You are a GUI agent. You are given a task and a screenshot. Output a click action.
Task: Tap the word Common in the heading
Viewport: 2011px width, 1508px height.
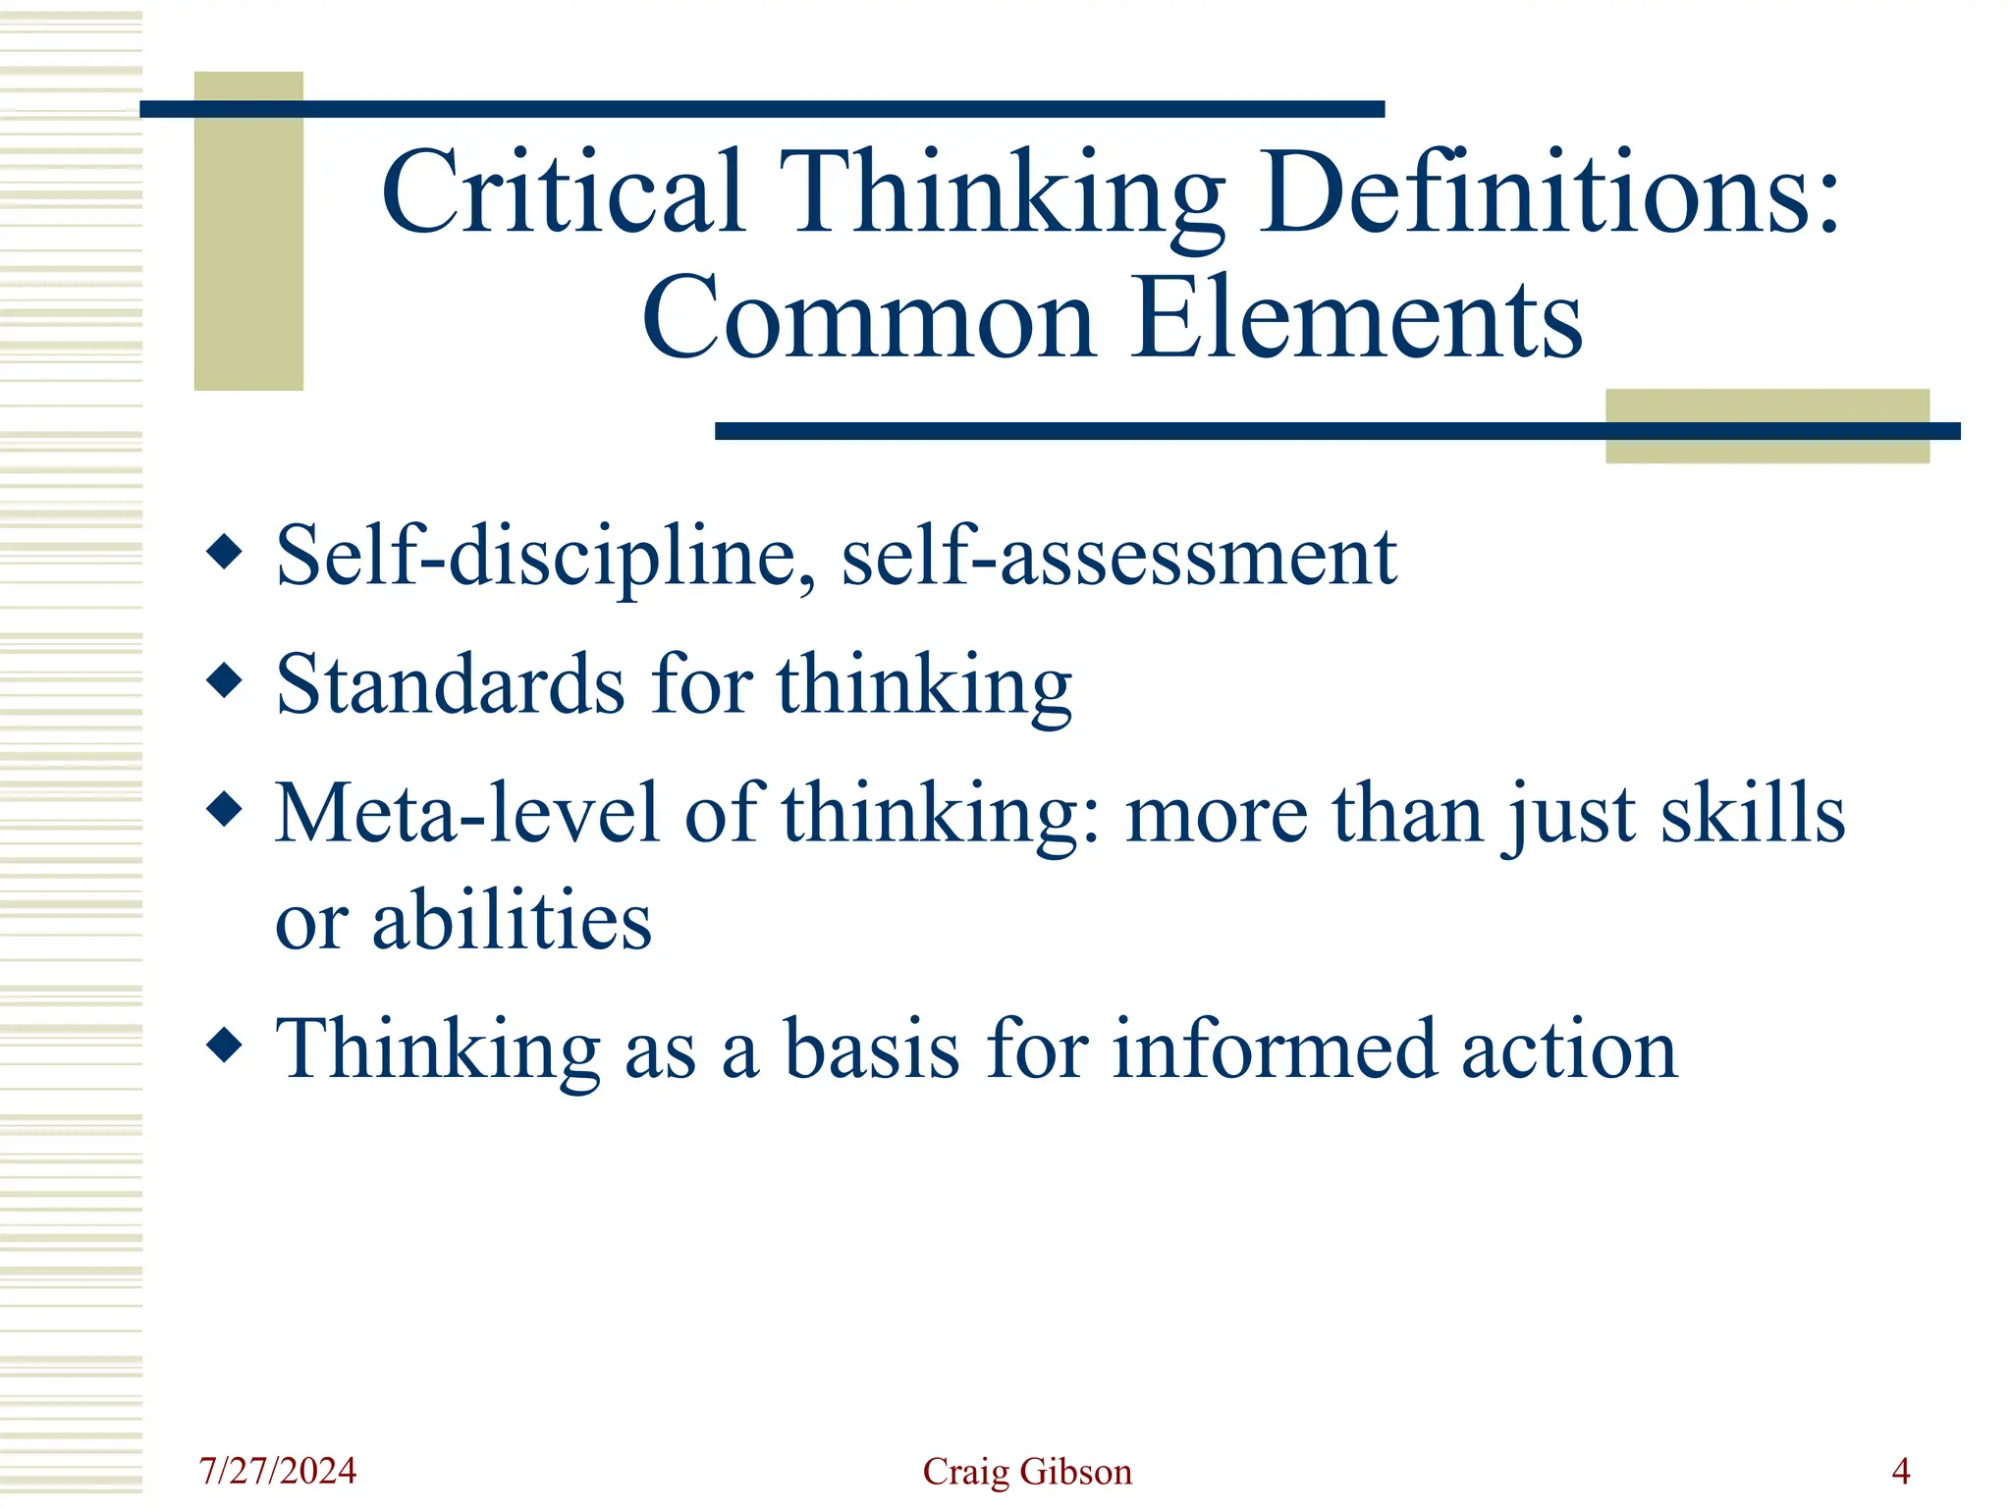[x=868, y=318]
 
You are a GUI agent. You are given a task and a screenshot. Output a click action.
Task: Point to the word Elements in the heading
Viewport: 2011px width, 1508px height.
[x=1356, y=318]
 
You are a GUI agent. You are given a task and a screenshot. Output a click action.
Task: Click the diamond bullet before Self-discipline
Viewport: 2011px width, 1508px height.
[x=225, y=552]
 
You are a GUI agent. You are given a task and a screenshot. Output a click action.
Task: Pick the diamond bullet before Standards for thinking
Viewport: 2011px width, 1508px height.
[x=225, y=679]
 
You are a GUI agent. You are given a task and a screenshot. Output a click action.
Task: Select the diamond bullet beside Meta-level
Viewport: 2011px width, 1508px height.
[x=225, y=810]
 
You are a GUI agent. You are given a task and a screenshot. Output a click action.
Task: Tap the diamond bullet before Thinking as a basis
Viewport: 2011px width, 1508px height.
[x=225, y=1046]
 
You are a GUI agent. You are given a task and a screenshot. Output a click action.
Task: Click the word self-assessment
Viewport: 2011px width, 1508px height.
[x=1118, y=558]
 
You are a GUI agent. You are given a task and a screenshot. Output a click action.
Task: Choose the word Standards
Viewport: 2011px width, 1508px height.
[x=450, y=684]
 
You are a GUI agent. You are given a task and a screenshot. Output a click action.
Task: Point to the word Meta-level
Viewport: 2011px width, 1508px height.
[x=466, y=814]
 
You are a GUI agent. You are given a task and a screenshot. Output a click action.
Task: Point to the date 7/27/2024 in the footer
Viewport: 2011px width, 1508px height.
[x=278, y=1471]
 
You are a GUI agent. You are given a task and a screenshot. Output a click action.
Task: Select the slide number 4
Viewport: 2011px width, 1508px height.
[x=1900, y=1471]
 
